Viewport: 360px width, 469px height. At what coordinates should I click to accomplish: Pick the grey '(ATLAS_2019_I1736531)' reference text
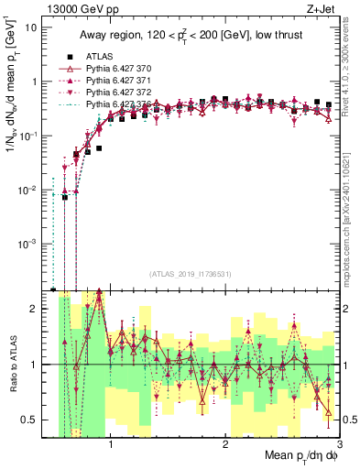point(191,275)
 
